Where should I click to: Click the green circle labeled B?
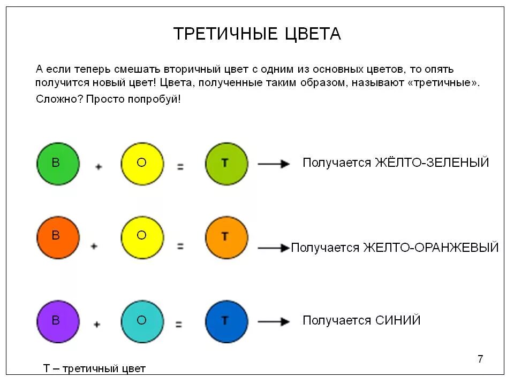pyautogui.click(x=58, y=164)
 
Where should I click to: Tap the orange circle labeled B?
pyautogui.click(x=58, y=238)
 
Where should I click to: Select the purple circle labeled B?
pyautogui.click(x=58, y=322)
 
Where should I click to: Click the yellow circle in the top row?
pyautogui.click(x=142, y=164)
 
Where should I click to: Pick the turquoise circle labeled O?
pyautogui.click(x=142, y=322)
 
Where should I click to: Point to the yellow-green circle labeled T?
pyautogui.click(x=226, y=164)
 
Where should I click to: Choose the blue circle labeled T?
pyautogui.click(x=226, y=322)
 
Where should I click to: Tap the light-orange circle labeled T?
pyautogui.click(x=226, y=238)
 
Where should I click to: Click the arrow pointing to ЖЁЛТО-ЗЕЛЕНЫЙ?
pyautogui.click(x=274, y=164)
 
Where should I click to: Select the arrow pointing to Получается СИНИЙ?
pyautogui.click(x=274, y=322)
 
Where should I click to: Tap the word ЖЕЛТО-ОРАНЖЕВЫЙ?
pyautogui.click(x=430, y=248)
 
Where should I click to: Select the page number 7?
pyautogui.click(x=480, y=359)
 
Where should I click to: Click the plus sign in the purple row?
pyautogui.click(x=97, y=324)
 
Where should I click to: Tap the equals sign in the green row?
pyautogui.click(x=180, y=167)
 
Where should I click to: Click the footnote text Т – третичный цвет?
pyautogui.click(x=94, y=369)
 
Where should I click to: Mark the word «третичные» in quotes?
pyautogui.click(x=445, y=83)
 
